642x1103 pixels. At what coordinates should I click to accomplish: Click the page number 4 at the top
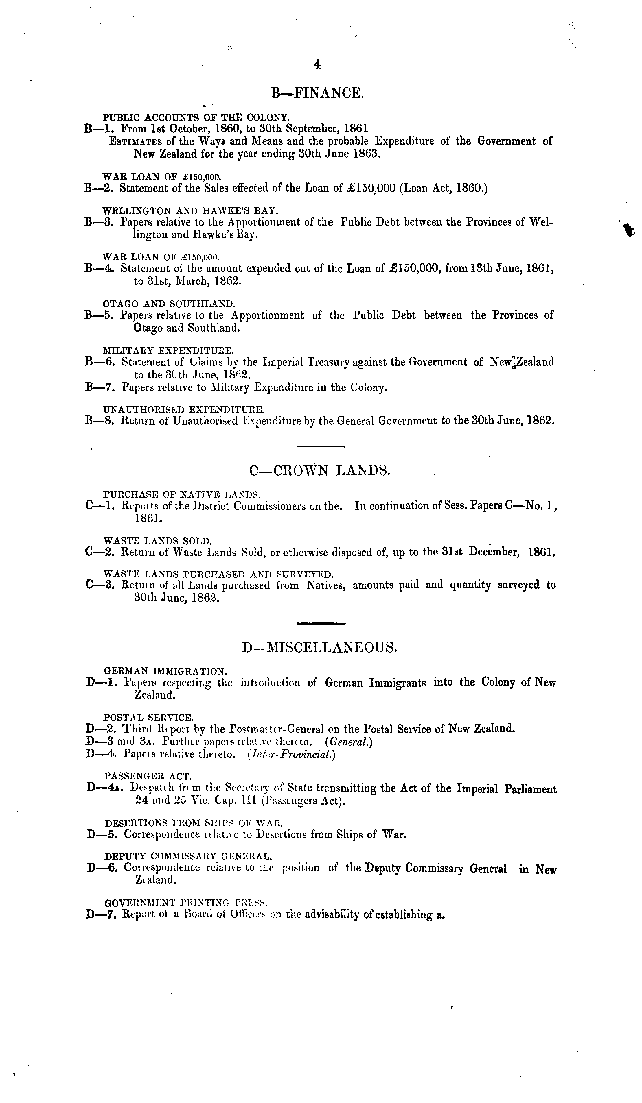pos(317,65)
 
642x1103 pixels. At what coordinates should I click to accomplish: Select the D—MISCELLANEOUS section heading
pos(320,647)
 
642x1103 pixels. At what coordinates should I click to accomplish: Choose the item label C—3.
pos(101,585)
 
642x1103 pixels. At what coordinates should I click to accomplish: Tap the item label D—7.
pos(102,914)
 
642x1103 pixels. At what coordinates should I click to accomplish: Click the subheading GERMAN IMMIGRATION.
pos(165,670)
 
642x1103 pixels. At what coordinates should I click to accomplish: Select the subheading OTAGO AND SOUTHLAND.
pos(169,303)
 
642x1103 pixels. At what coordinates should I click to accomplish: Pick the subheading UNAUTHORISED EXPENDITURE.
pos(183,409)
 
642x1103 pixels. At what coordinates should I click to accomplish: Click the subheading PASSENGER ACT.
pos(148,777)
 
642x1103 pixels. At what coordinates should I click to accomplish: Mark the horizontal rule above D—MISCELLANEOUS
pos(321,623)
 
